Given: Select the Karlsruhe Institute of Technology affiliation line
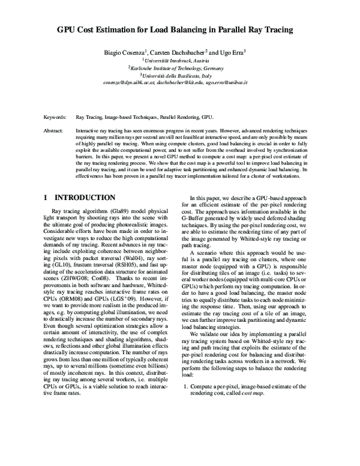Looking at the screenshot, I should pos(181,68).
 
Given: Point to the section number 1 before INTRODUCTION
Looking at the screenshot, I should pos(47,197).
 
